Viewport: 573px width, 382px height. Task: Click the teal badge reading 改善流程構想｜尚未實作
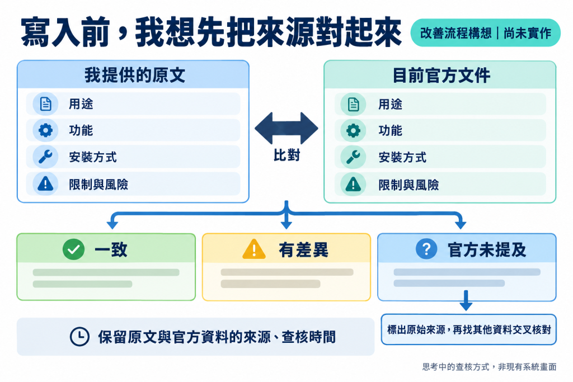point(485,33)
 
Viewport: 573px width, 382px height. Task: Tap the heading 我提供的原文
point(135,76)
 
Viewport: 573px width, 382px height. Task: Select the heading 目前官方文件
point(441,76)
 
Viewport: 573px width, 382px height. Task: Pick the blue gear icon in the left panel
point(46,130)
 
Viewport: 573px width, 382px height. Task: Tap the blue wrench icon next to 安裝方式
point(46,157)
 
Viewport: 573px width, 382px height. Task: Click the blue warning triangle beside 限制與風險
point(46,183)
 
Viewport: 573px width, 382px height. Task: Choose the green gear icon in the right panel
point(354,130)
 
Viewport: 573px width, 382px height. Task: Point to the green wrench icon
point(354,157)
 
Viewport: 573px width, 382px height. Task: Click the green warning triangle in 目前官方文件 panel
point(354,184)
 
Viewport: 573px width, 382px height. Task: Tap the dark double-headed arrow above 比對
point(286,128)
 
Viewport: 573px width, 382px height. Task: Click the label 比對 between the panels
point(287,155)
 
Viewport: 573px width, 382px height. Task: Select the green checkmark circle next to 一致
point(73,249)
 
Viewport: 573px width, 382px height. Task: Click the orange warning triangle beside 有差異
point(254,249)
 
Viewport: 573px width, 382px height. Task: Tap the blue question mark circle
point(426,249)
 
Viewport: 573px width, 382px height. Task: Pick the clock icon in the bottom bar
point(79,336)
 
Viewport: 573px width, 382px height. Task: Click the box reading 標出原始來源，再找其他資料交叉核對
point(469,329)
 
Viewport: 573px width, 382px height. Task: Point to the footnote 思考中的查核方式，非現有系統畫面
point(489,367)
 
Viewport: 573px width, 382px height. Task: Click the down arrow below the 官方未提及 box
point(466,300)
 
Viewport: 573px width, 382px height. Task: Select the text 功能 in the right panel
point(390,130)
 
